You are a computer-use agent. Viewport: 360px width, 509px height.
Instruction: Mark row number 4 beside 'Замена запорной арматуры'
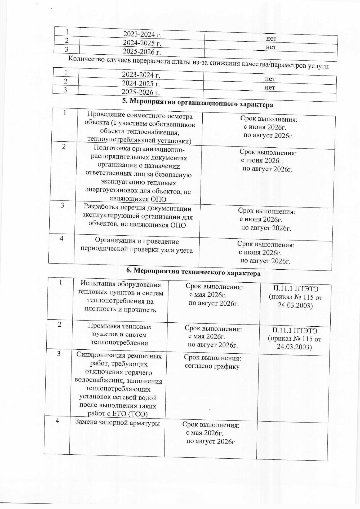[57, 421]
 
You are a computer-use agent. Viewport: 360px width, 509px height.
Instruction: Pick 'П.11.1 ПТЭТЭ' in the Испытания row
[296, 289]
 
